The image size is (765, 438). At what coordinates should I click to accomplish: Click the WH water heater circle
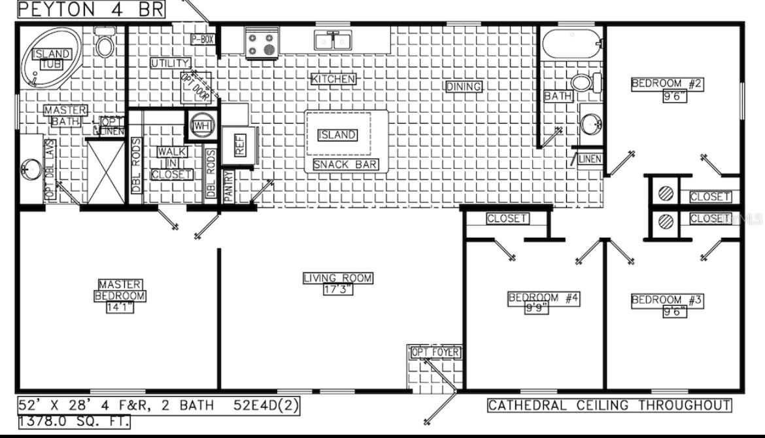(200, 124)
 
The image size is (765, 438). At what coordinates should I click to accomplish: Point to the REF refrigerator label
(240, 145)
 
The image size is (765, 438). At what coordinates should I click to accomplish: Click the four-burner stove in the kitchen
(262, 43)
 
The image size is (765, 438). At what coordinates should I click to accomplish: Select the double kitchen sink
(333, 41)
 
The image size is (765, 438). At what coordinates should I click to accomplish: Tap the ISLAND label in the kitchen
(337, 135)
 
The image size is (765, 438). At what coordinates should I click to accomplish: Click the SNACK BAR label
(345, 164)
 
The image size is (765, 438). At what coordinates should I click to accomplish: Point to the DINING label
(464, 86)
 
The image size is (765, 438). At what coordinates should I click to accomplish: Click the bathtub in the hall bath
(571, 43)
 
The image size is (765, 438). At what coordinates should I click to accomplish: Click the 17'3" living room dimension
(337, 289)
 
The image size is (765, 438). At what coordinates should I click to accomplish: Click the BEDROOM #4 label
(543, 299)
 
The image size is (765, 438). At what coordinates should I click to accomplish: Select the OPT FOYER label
(435, 353)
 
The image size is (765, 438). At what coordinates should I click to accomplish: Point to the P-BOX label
(203, 39)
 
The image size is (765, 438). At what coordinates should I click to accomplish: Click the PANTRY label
(228, 186)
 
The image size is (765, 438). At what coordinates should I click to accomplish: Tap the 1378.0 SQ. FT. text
(73, 422)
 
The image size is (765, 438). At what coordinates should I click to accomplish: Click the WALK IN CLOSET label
(172, 163)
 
